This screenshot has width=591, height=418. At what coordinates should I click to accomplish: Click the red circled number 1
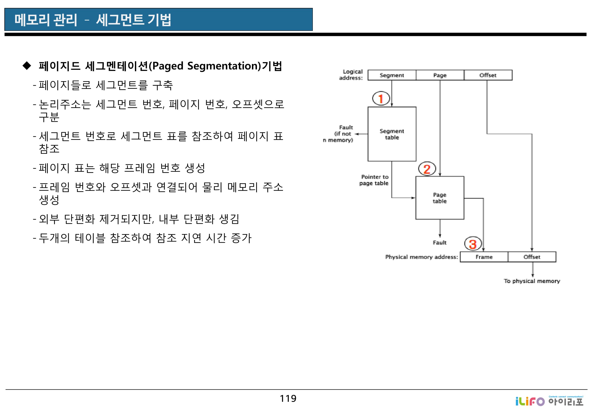click(381, 98)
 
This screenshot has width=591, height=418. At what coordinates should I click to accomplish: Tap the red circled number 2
click(427, 169)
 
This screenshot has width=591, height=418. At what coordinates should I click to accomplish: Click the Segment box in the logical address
click(392, 75)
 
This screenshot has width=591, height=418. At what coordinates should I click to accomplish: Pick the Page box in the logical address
click(440, 75)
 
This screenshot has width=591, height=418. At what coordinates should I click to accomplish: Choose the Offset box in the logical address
click(488, 75)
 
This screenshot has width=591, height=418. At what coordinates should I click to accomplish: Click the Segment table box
click(392, 134)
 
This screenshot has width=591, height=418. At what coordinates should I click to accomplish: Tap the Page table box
click(440, 198)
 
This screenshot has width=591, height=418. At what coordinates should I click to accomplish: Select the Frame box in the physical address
click(484, 257)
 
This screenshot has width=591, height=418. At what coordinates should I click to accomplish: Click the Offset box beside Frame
click(532, 257)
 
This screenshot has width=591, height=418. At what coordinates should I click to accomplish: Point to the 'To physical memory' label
click(532, 281)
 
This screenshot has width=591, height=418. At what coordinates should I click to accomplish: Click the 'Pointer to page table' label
click(374, 180)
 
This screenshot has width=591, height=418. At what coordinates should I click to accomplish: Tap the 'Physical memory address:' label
click(421, 257)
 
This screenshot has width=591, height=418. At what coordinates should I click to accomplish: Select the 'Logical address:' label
click(351, 75)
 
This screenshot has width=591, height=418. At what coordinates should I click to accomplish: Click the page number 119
click(288, 399)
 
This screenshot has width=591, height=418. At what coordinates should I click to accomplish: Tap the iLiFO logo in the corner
click(549, 401)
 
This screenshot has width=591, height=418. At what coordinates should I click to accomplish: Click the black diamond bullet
click(27, 66)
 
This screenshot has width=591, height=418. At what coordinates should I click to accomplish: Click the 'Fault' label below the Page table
click(439, 243)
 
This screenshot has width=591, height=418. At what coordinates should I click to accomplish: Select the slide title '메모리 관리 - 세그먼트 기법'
click(93, 20)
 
